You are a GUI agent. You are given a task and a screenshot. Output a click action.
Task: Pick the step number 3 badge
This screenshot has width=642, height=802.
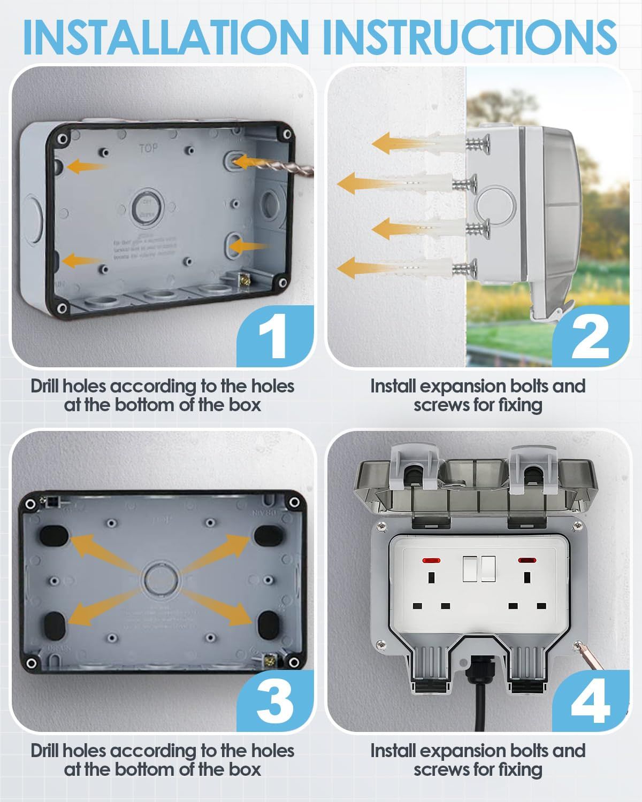(x=274, y=700)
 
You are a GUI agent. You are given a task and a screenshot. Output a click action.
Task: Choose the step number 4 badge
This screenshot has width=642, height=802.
(x=588, y=700)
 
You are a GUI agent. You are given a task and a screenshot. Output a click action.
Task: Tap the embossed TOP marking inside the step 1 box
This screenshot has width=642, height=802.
(x=148, y=148)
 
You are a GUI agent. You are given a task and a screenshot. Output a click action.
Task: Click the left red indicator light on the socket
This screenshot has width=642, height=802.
(x=429, y=561)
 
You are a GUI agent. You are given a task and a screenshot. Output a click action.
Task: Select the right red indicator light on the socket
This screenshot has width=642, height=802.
(x=526, y=561)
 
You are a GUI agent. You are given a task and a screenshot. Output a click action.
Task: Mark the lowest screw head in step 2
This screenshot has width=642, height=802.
(x=471, y=267)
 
